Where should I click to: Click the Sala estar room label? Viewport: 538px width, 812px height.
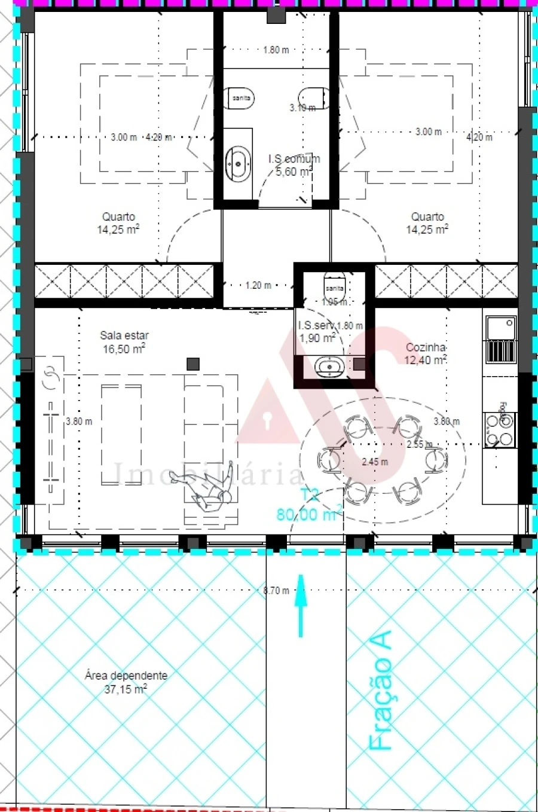click(x=124, y=342)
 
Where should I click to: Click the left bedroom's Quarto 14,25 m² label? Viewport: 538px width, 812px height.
click(x=118, y=223)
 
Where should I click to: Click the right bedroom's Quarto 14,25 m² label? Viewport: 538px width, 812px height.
click(x=427, y=223)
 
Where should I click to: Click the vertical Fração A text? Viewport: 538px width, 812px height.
click(x=381, y=691)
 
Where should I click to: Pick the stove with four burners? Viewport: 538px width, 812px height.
click(x=500, y=429)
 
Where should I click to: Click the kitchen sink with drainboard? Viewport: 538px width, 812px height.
click(x=500, y=340)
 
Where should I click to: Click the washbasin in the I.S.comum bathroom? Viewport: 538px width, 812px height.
click(x=238, y=163)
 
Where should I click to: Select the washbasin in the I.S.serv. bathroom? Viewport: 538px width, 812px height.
click(x=327, y=367)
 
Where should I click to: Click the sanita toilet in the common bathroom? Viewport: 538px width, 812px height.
click(x=241, y=98)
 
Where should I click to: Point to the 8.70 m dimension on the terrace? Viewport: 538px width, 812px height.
click(x=276, y=591)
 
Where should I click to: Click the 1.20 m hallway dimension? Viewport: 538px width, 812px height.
click(x=258, y=285)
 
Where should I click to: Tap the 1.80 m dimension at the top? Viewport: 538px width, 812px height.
click(x=276, y=50)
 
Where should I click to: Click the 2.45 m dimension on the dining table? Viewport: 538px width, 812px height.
click(x=375, y=462)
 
